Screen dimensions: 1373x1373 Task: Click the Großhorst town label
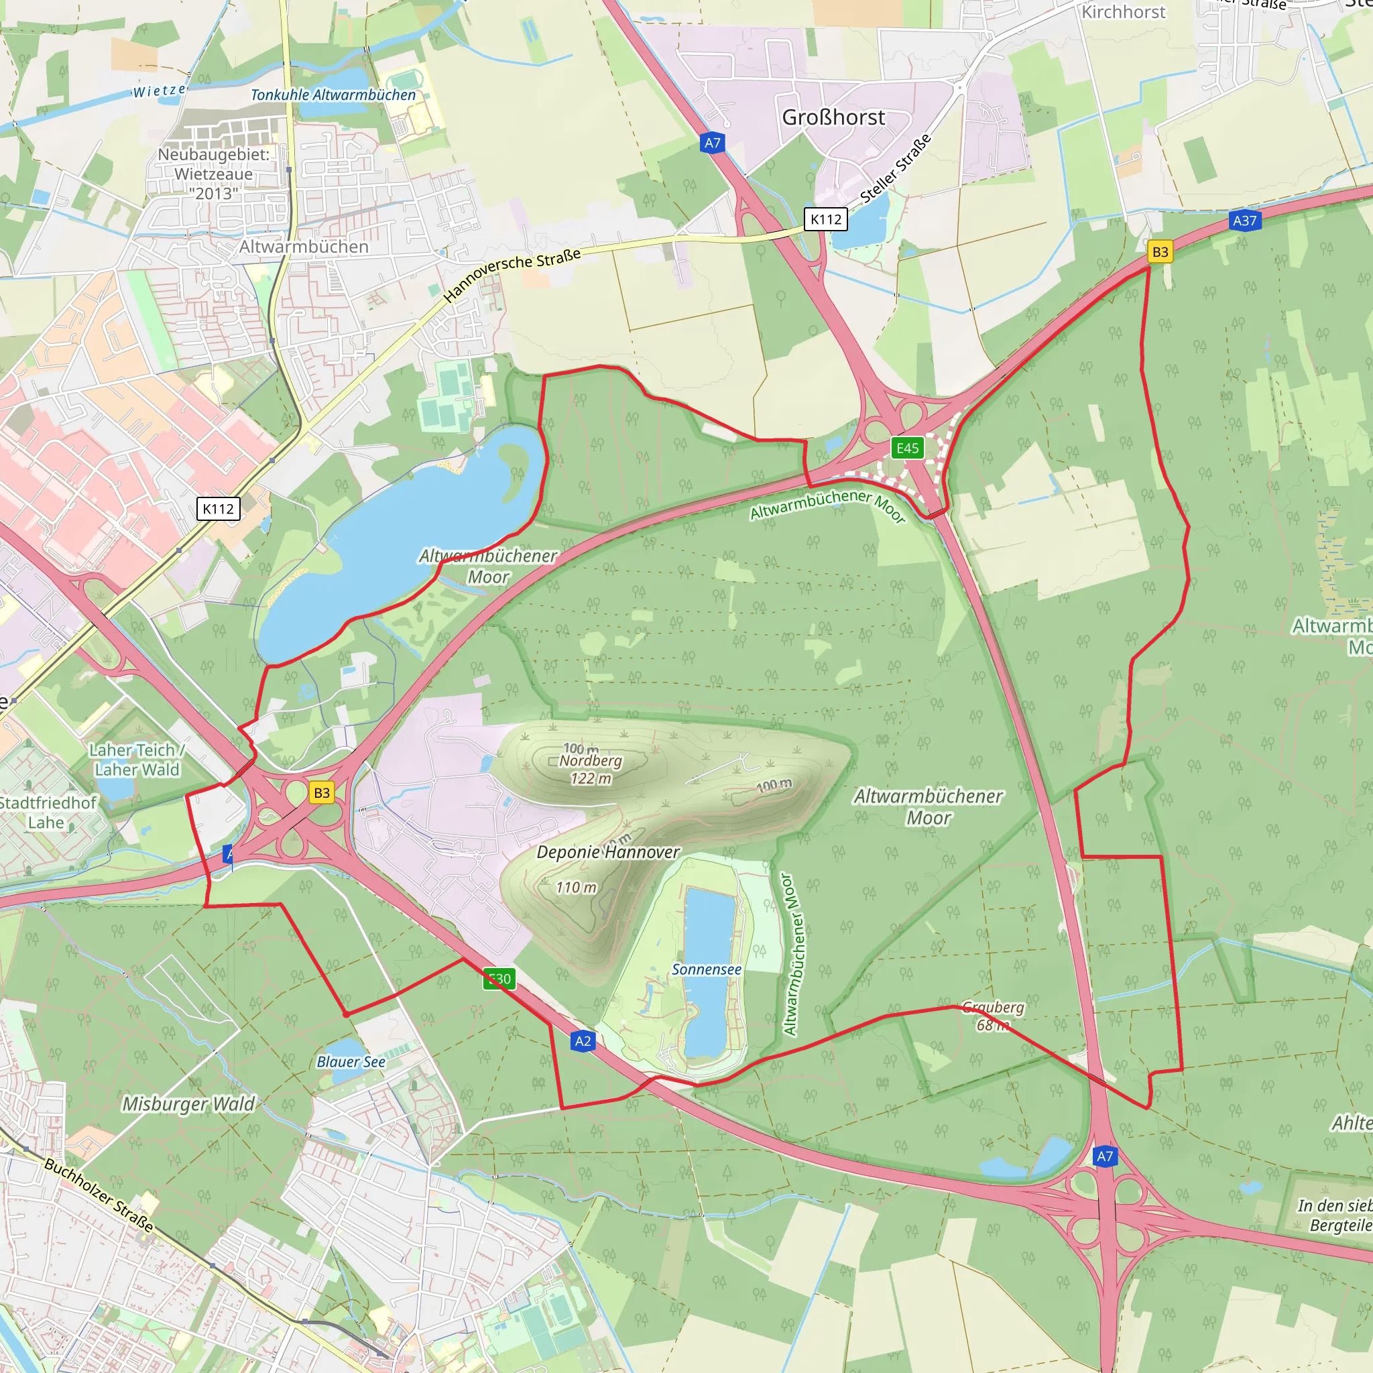[x=833, y=117]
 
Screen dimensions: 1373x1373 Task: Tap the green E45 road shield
[x=908, y=448]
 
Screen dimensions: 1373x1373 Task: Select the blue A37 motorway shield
[x=1244, y=221]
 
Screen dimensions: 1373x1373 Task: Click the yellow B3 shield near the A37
[x=1160, y=251]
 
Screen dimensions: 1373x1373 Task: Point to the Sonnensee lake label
[x=707, y=969]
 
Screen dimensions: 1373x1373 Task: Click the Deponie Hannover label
[x=607, y=852]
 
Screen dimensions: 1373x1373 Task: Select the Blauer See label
[x=351, y=1062]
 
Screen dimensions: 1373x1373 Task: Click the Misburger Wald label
[x=188, y=1103]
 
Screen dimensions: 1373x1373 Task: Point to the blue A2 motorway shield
[x=583, y=1041]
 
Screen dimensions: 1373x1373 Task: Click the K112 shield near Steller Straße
[x=826, y=219]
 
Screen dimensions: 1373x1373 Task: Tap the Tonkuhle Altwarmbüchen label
[x=333, y=95]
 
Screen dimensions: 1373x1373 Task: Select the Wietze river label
[x=159, y=91]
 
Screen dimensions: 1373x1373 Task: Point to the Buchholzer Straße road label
[x=99, y=1195]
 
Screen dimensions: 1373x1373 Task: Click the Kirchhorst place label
[x=1123, y=12]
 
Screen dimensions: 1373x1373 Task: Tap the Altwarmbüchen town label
[x=304, y=247]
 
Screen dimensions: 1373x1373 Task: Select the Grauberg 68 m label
[x=993, y=1016]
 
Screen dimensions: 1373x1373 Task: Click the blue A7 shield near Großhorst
[x=712, y=143]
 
